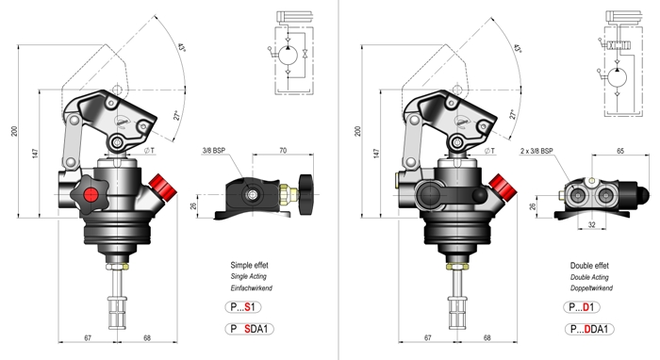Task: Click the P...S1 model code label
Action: click(243, 307)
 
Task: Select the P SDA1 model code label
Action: click(250, 329)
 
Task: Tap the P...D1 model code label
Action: click(582, 307)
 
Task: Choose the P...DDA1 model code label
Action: click(589, 329)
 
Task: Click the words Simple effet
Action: click(249, 266)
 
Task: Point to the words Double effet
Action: click(589, 266)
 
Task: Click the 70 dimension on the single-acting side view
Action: click(283, 150)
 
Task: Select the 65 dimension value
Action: click(620, 151)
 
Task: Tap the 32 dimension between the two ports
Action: click(591, 224)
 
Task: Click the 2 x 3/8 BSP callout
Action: click(536, 151)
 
